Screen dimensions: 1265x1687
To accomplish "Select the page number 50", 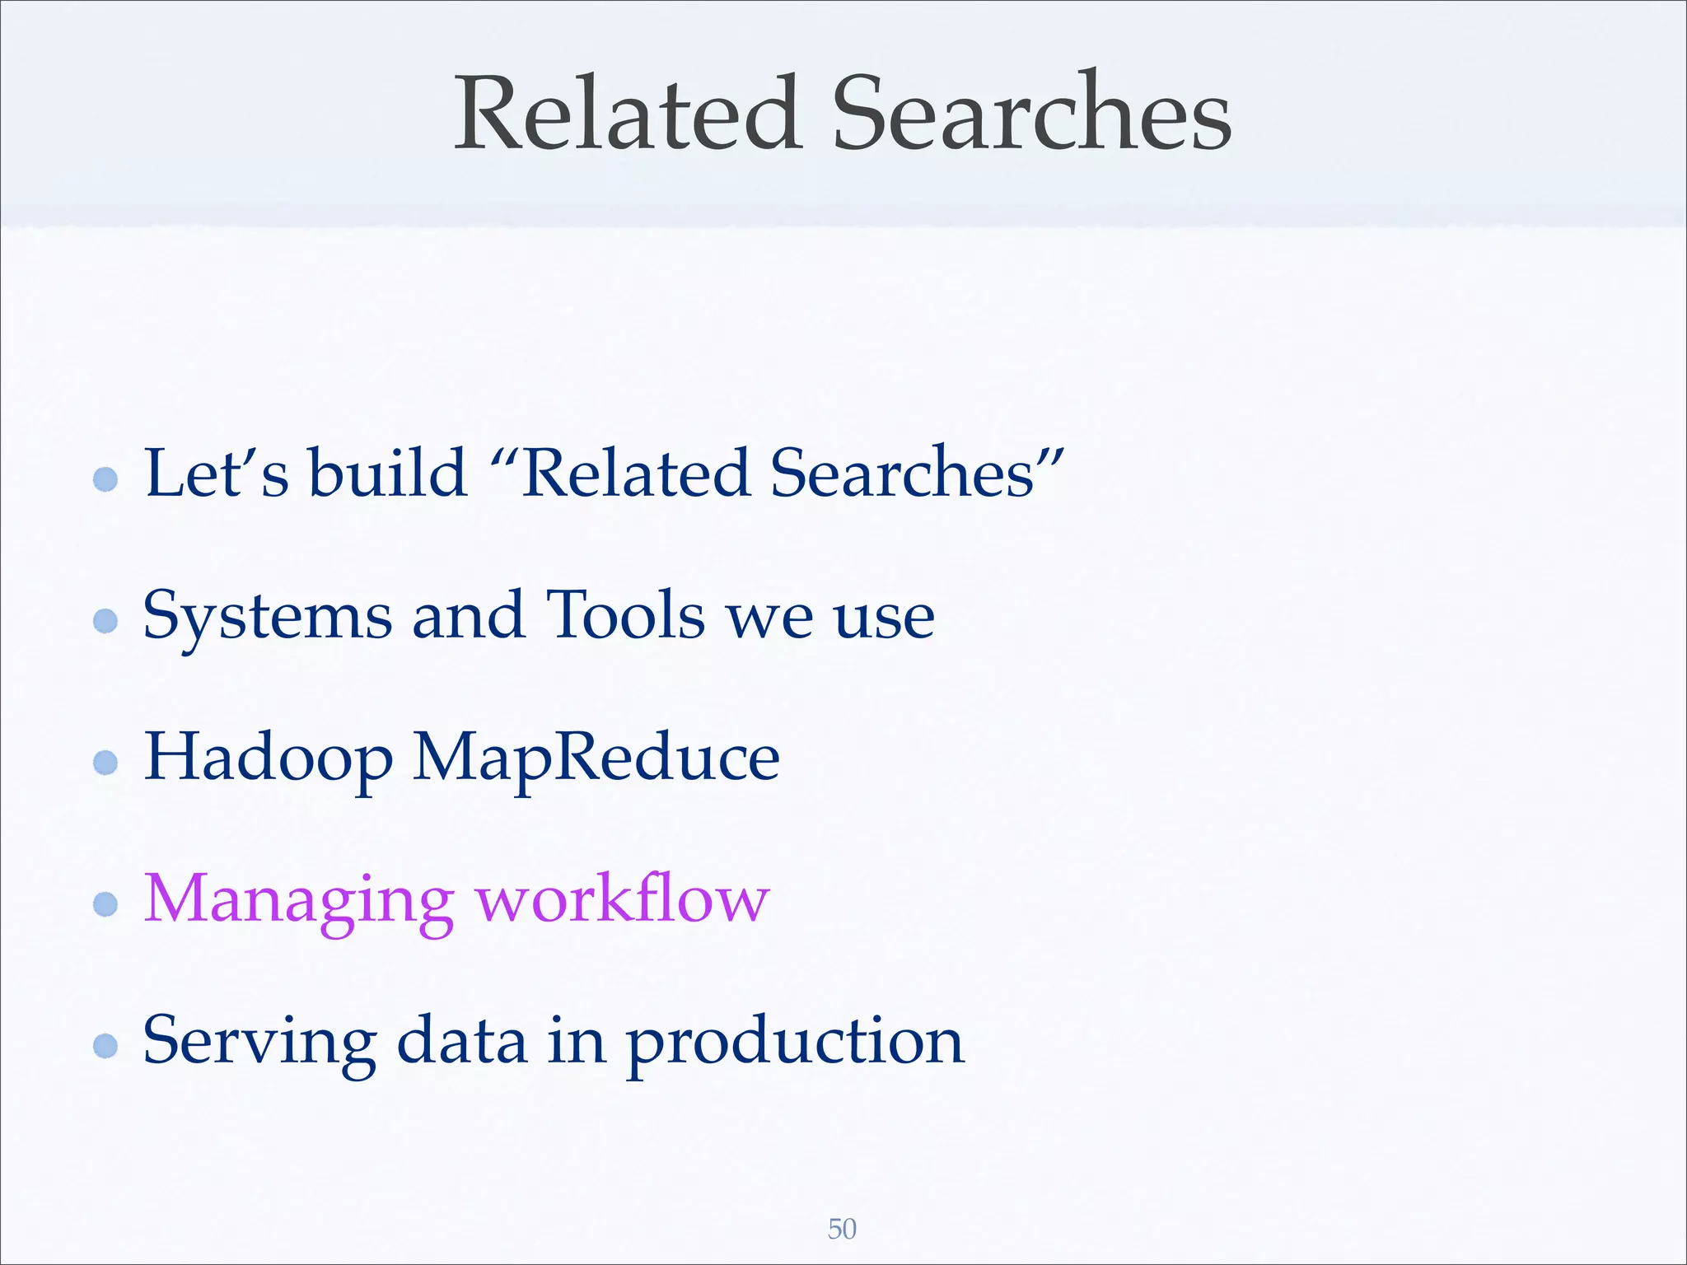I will coord(842,1229).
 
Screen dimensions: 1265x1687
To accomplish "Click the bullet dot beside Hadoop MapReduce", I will coord(105,762).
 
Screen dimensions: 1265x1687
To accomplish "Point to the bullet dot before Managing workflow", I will coord(105,904).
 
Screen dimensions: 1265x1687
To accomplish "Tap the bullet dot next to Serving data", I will coord(105,1046).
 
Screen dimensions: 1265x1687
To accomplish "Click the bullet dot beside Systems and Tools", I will coord(105,620).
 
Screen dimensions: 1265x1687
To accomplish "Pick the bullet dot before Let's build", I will coord(105,478).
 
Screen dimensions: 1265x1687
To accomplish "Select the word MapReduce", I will coord(596,758).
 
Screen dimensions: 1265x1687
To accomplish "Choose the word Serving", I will coord(259,1042).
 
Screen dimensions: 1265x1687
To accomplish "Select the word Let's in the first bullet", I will coord(217,474).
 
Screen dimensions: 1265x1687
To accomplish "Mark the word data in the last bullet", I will coord(461,1041).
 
